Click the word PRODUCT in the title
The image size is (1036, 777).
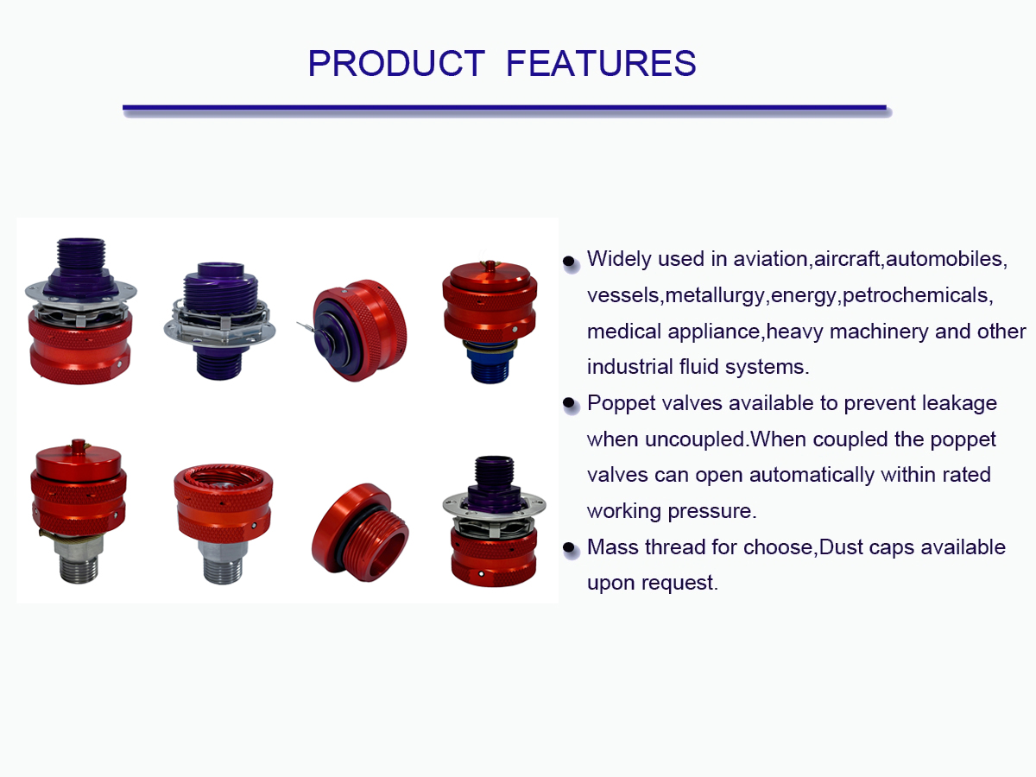tap(396, 63)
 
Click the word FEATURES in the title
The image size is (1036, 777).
tap(601, 63)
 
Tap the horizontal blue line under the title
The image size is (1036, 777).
tap(504, 108)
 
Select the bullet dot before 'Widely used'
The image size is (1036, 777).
tap(569, 261)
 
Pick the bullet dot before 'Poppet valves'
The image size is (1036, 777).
tap(569, 403)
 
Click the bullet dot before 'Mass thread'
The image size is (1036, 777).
tap(569, 547)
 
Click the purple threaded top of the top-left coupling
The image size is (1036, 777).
tap(80, 257)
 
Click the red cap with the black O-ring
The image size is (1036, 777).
tap(360, 532)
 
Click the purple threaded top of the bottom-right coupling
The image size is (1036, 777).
tap(494, 471)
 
